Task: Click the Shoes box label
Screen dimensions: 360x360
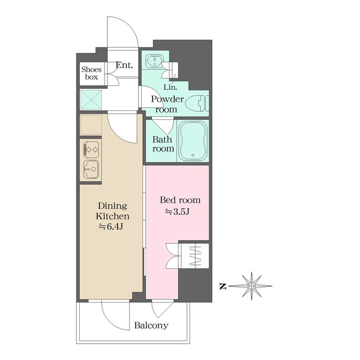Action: coord(91,73)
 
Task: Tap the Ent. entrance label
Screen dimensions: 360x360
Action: coord(124,65)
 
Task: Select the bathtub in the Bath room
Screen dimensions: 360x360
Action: coord(193,140)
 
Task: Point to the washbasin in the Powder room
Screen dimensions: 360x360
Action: coord(154,61)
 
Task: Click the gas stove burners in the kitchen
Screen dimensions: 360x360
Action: coord(91,150)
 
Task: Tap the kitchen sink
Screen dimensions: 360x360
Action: coord(91,169)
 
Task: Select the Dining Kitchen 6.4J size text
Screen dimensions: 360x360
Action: coord(111,227)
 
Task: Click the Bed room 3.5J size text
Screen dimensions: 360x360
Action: coord(177,211)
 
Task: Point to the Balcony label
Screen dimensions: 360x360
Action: coord(151,325)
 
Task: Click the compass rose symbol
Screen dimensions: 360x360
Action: coord(251,286)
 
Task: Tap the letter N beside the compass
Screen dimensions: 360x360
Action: coord(223,286)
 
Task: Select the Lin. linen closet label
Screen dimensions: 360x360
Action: coord(170,87)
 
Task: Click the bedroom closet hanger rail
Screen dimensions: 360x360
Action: coord(195,256)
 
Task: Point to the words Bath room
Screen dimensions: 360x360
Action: coord(163,144)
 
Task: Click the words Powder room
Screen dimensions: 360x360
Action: coord(167,104)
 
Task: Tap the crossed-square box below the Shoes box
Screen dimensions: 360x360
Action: coord(91,100)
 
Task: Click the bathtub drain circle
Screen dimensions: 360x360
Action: coord(193,155)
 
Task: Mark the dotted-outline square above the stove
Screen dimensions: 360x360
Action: coord(91,125)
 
